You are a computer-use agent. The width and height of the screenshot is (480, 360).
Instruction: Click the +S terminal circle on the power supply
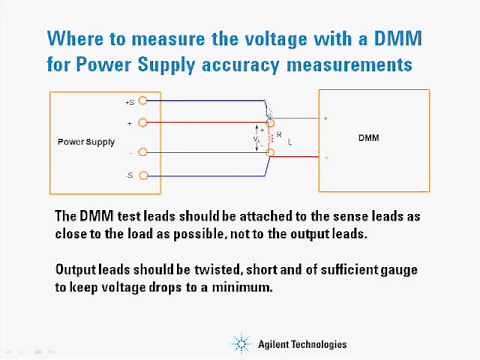click(x=145, y=101)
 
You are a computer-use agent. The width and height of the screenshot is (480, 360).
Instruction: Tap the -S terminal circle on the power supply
click(x=145, y=175)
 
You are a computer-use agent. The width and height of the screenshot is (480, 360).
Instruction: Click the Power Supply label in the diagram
click(x=86, y=141)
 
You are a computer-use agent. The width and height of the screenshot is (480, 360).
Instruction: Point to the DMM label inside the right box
click(x=368, y=138)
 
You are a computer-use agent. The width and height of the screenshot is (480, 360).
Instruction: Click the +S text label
click(x=130, y=102)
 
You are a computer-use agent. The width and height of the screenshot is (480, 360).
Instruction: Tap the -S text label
click(x=130, y=175)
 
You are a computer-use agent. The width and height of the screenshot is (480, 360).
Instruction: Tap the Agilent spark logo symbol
click(x=243, y=344)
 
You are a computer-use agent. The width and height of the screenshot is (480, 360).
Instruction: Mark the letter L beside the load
click(x=290, y=143)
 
